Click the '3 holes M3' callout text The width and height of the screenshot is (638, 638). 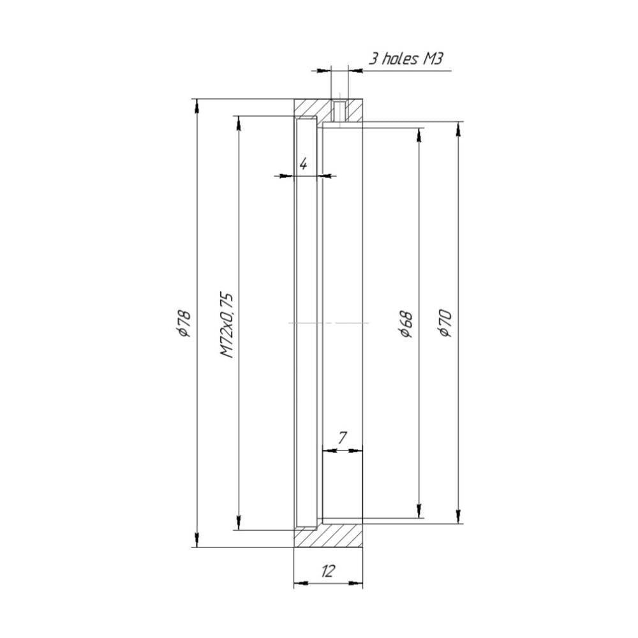point(405,59)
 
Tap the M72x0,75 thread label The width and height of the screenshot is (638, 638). point(226,325)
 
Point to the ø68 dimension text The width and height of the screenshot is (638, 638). point(406,324)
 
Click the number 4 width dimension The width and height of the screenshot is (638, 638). point(303,164)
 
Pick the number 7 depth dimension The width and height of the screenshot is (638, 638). point(342,438)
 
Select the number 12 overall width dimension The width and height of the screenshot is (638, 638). point(327,571)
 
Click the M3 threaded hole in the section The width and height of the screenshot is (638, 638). point(339,111)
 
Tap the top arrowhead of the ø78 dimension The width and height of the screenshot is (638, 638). point(197,105)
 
